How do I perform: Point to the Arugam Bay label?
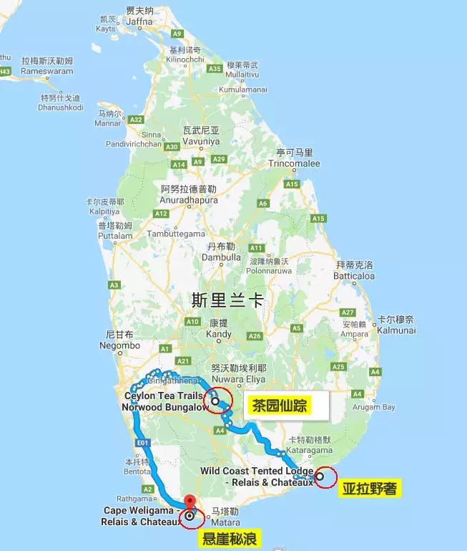point(374,407)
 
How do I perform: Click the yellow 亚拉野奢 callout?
point(369,490)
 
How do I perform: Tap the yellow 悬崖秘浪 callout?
point(230,538)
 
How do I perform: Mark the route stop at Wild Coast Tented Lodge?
point(320,476)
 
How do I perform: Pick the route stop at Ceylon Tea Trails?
point(215,401)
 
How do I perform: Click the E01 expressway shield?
point(142,443)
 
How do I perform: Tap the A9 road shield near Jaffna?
point(177,33)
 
